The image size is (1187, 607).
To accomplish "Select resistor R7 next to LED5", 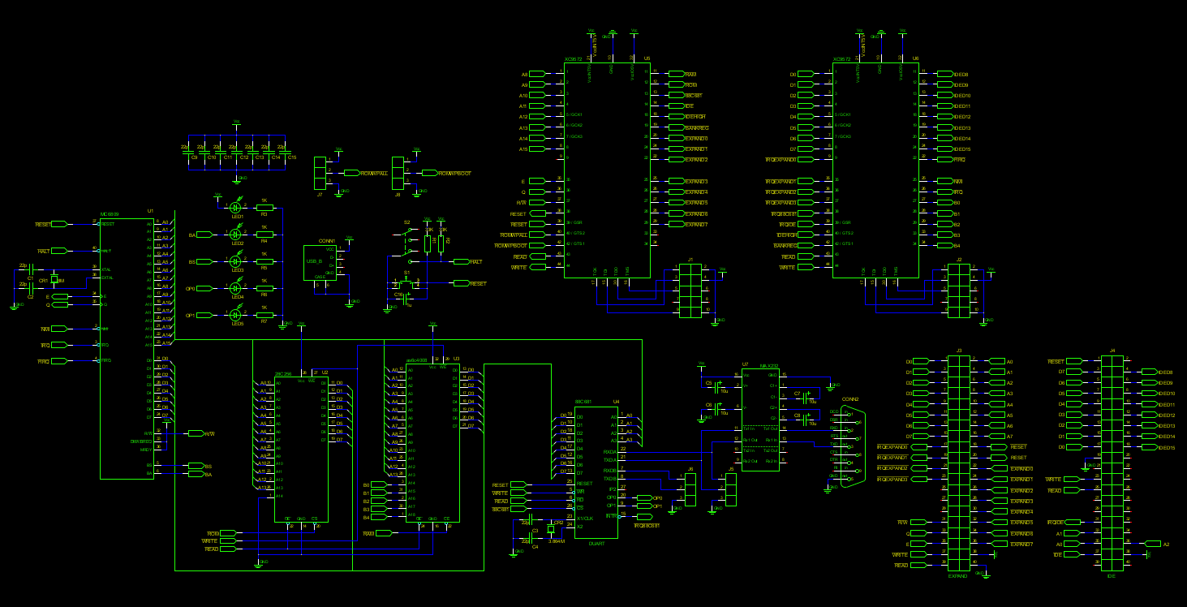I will point(264,315).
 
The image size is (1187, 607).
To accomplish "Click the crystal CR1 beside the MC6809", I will point(54,279).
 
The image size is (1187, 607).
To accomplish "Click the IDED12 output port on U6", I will point(944,117).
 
